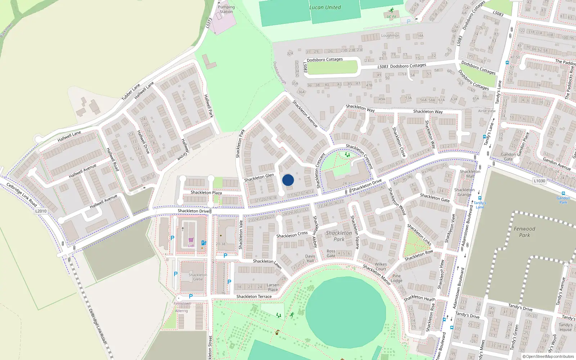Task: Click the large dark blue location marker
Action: pos(288,180)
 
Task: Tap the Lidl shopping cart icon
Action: pos(191,240)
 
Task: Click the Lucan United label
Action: pos(325,7)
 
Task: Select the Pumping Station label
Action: pos(226,9)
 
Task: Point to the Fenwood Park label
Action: pos(525,232)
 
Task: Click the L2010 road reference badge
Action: pos(41,211)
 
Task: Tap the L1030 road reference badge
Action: pos(539,181)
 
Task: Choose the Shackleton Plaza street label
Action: pos(206,193)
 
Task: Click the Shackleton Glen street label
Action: pos(259,177)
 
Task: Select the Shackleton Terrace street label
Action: pos(254,297)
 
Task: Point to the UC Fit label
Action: pos(391,17)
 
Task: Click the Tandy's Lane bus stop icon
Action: pos(480,198)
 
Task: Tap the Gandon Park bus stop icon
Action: pos(563,193)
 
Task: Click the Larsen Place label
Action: pos(273,287)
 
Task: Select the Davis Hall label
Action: pos(310,258)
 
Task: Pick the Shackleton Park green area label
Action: pos(339,236)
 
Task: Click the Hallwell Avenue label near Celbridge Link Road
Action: pos(104,202)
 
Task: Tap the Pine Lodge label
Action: pos(396,278)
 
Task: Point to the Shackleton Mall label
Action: pos(470,174)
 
